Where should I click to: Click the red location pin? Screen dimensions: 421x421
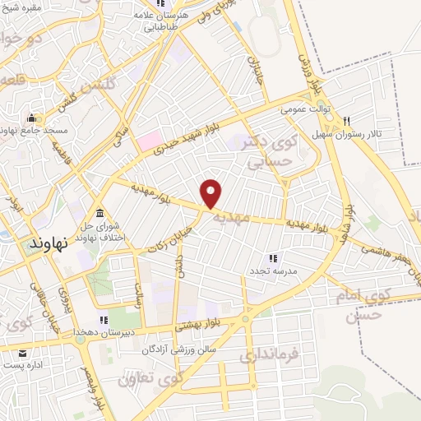click(x=212, y=192)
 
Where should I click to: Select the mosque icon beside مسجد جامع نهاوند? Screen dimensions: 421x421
click(x=32, y=117)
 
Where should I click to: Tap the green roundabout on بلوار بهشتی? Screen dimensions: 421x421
click(x=244, y=319)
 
